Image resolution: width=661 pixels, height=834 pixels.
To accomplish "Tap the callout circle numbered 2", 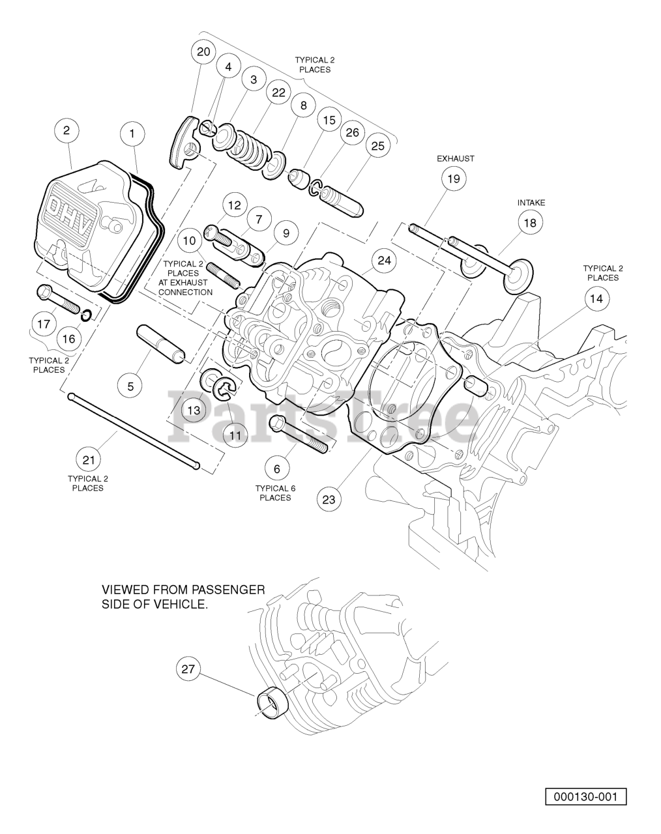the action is (66, 130).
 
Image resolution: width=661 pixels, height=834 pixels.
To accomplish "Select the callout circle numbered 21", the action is (89, 460).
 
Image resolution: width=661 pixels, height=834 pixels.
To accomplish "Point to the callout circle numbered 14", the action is (596, 299).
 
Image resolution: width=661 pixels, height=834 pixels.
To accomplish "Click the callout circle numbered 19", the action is (454, 179).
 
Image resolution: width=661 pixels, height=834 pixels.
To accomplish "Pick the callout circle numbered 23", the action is (329, 500).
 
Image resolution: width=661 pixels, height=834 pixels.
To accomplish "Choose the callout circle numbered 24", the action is (384, 261).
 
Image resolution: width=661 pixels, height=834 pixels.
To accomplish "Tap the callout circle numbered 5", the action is (130, 386).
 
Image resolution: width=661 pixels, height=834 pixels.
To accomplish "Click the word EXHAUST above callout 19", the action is (456, 158).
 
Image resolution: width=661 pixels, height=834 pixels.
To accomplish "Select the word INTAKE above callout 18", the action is (531, 203).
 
